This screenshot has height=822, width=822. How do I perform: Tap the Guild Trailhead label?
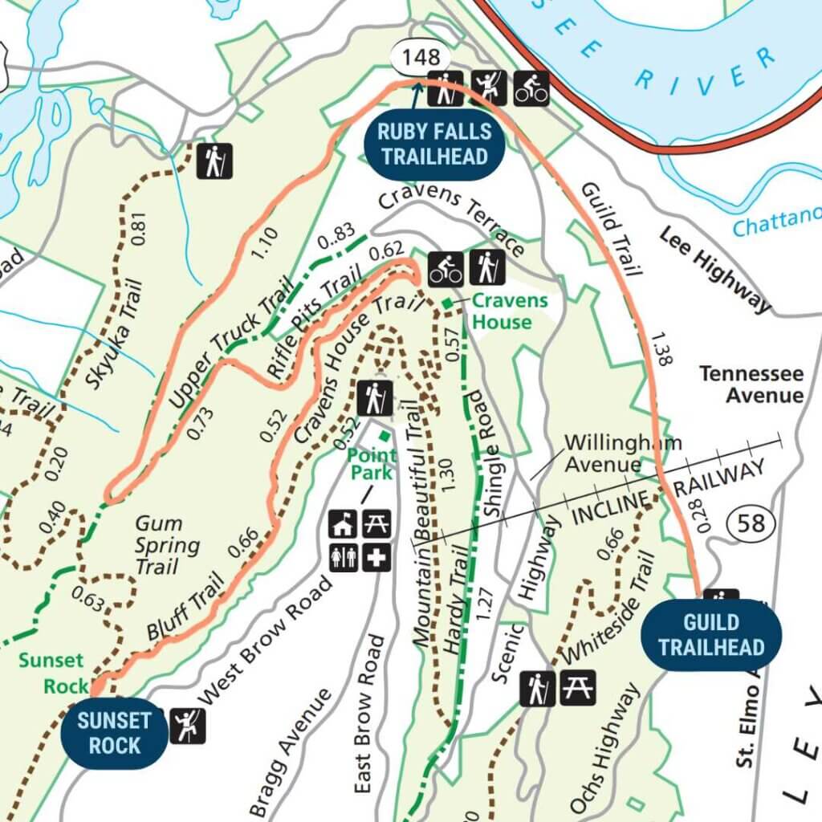[x=710, y=635]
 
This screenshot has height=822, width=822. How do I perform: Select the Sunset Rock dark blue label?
[x=114, y=733]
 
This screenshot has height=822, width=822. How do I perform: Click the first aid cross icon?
[x=376, y=557]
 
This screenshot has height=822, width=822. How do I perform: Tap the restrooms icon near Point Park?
[x=344, y=557]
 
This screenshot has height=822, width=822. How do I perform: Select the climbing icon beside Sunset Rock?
[x=188, y=726]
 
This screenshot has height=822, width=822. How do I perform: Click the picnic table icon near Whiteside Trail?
[x=578, y=688]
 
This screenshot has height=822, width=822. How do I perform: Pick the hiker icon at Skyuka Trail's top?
[x=214, y=161]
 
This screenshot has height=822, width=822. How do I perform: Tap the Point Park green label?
[x=371, y=463]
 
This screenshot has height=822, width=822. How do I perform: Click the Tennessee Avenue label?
[x=751, y=385]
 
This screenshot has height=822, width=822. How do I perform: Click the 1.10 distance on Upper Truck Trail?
[x=263, y=244]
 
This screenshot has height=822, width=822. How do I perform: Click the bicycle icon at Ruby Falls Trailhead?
[x=531, y=88]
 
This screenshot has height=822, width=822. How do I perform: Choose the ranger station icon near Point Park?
[x=344, y=524]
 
